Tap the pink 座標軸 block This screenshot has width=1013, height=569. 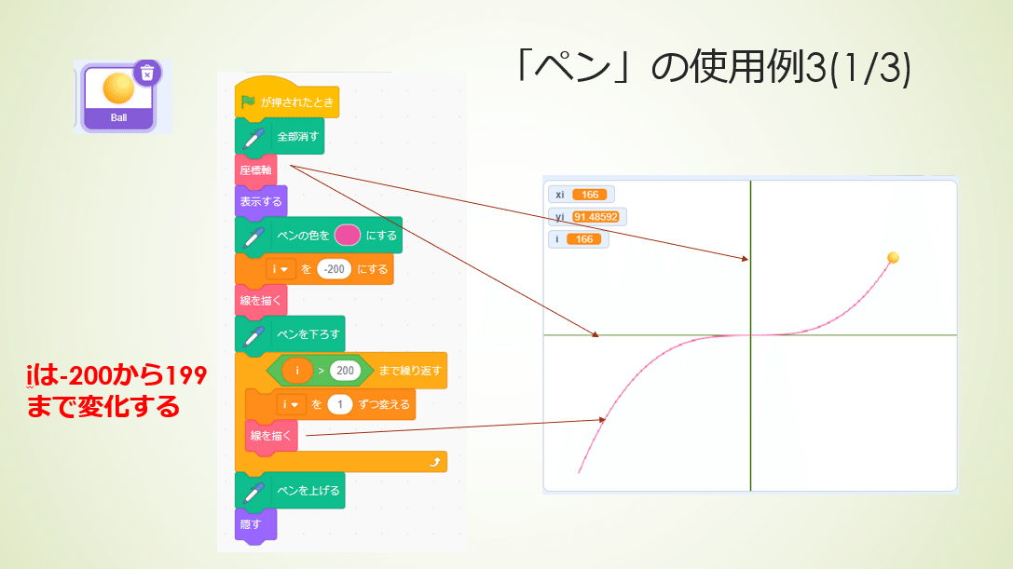[255, 169]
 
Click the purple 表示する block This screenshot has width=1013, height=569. [260, 201]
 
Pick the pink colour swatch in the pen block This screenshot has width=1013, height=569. [347, 235]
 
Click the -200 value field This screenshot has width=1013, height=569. [334, 269]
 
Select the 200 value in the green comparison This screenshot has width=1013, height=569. [345, 370]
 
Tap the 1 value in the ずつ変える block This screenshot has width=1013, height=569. [340, 404]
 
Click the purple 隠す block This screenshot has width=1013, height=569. [253, 524]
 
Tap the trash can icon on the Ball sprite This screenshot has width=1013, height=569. [146, 72]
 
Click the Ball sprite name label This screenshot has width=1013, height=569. [118, 119]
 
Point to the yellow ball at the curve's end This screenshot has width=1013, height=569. [893, 257]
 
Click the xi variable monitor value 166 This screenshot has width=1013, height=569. [590, 195]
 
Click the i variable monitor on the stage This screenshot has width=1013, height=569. [578, 239]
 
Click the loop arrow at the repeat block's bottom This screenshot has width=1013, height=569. [432, 462]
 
